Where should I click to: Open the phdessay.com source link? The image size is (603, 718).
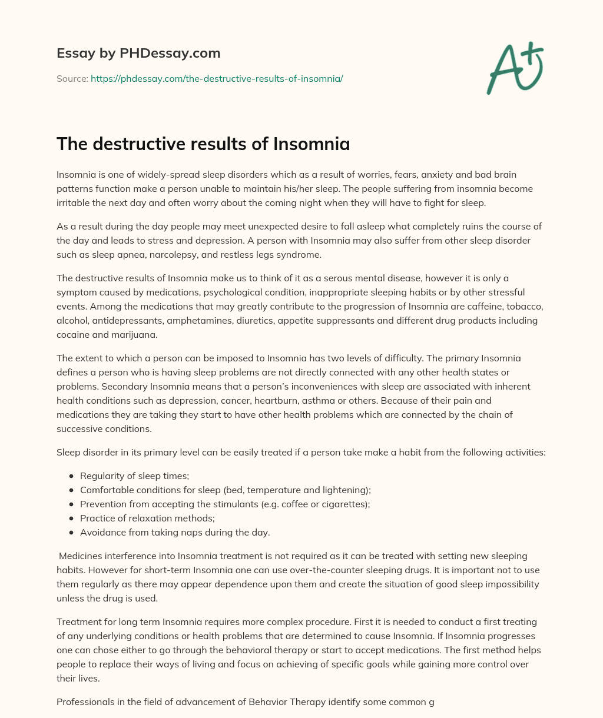click(217, 78)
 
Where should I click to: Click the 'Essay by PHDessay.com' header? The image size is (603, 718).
click(138, 53)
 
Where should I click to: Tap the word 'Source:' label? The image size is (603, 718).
click(72, 78)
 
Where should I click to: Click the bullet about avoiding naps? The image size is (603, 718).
click(175, 533)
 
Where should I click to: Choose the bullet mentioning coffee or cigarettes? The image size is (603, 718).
click(217, 504)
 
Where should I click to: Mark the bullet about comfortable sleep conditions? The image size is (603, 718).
click(226, 490)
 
